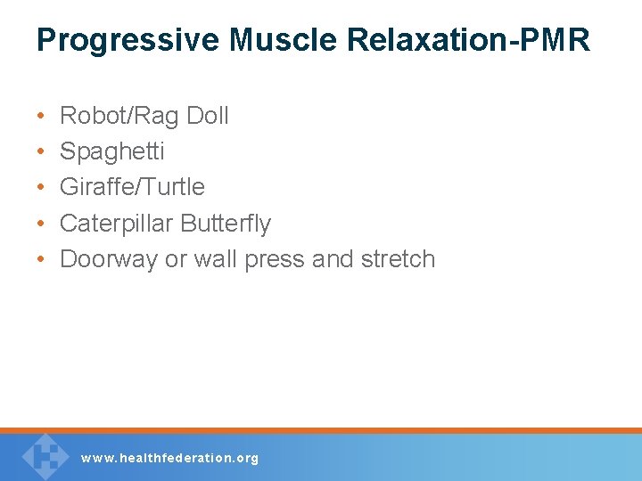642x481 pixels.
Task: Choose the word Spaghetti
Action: (111, 151)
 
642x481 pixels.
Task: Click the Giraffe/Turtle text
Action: (132, 187)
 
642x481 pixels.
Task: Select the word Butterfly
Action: (226, 223)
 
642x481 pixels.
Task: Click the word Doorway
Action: (109, 259)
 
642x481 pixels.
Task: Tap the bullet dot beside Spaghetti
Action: (42, 152)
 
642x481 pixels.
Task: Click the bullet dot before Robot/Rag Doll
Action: (42, 117)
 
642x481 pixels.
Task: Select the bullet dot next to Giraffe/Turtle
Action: (42, 188)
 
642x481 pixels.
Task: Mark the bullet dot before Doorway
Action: (42, 260)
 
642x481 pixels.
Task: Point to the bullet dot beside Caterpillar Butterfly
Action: (42, 224)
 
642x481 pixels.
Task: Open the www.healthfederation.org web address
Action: (169, 458)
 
